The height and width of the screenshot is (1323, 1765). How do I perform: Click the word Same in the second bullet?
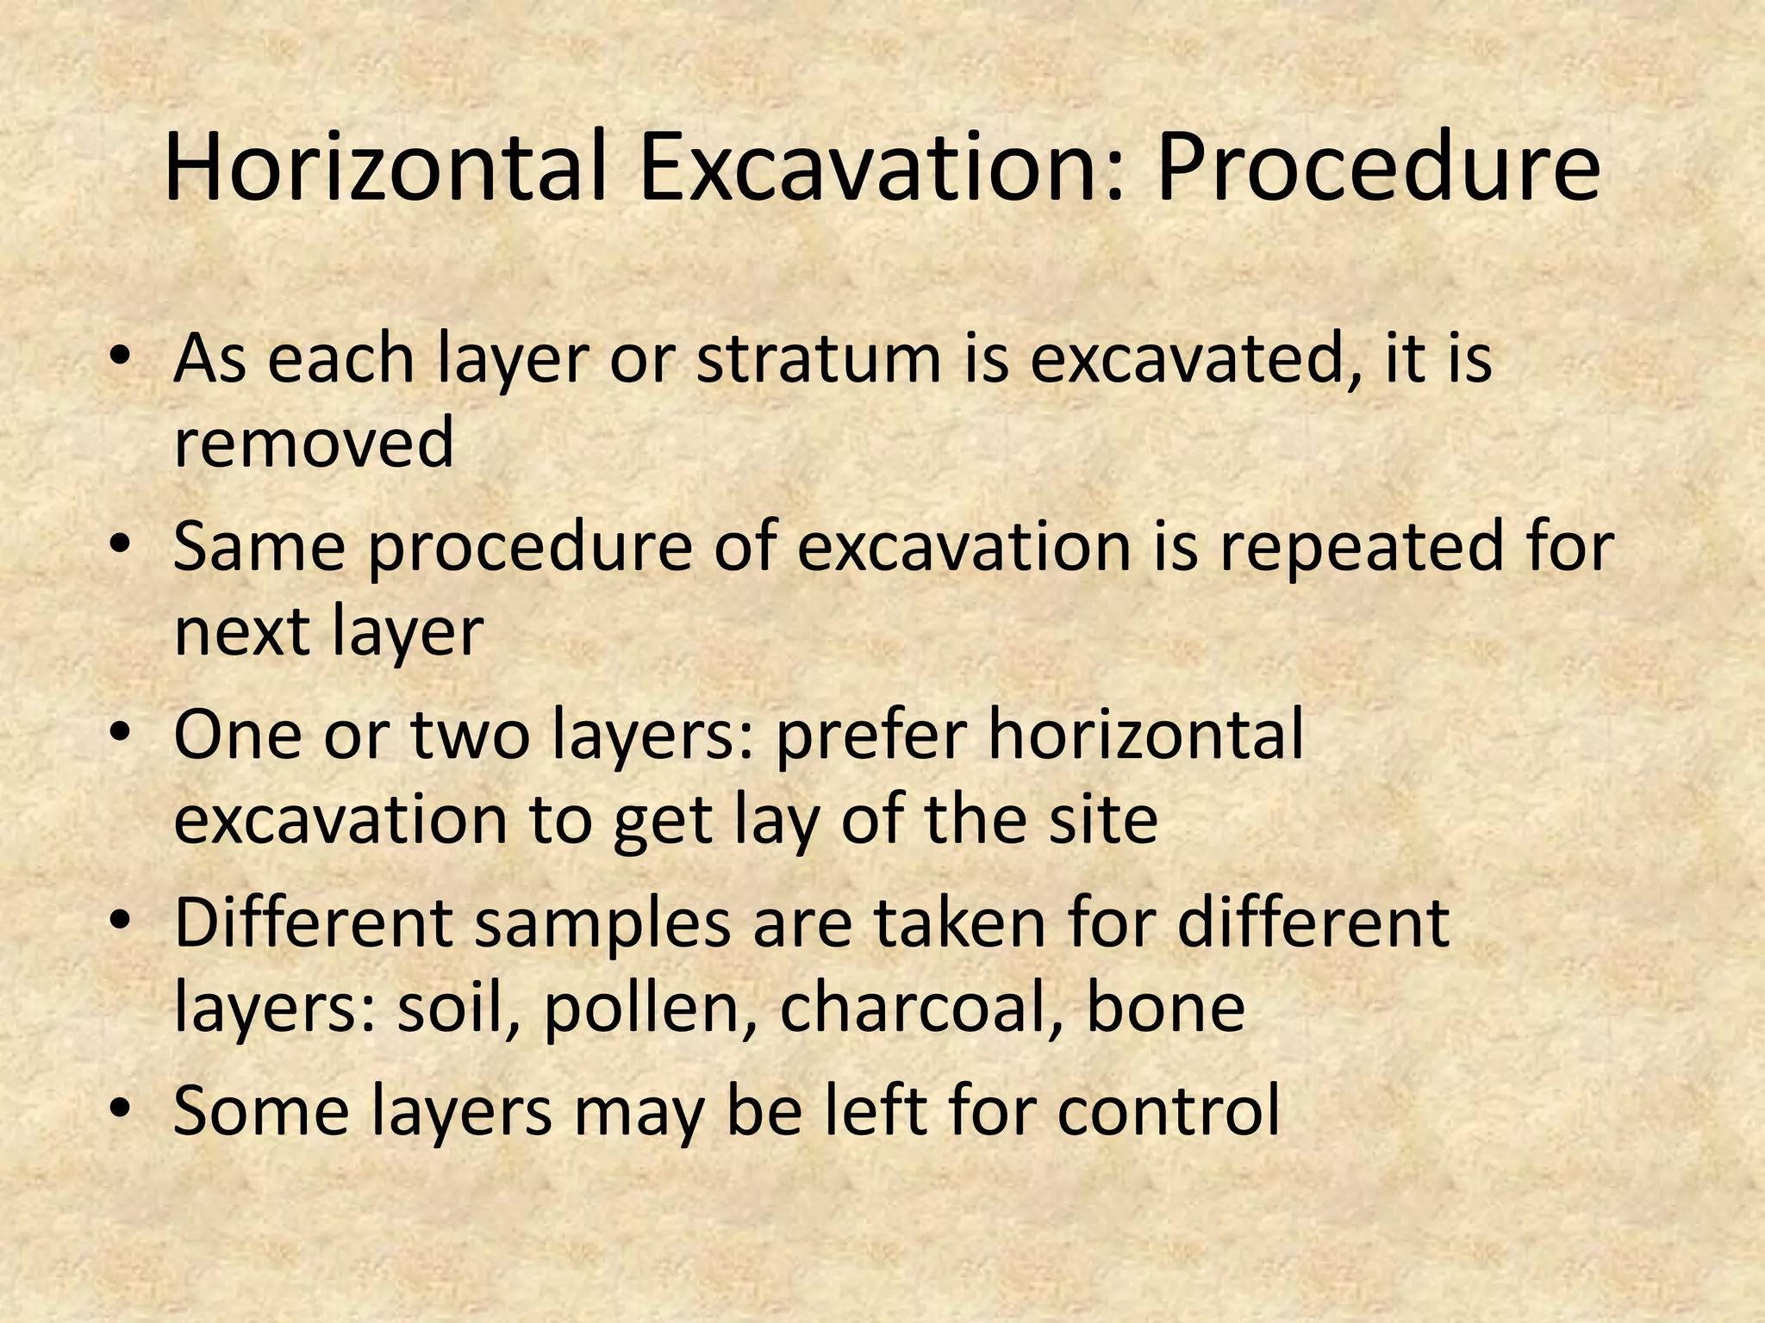(x=259, y=548)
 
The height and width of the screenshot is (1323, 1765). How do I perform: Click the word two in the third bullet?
(x=470, y=736)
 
